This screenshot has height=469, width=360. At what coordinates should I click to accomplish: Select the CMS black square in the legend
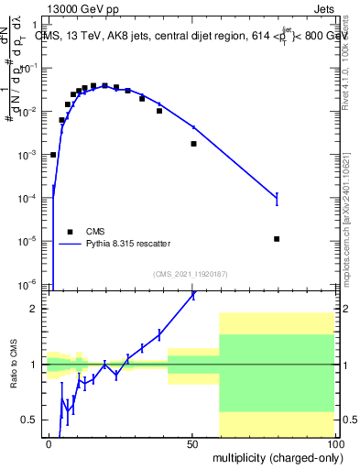tap(69, 231)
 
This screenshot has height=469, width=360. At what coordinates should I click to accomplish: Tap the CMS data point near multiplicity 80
tap(277, 239)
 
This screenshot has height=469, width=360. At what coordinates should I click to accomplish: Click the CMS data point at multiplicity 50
tap(193, 144)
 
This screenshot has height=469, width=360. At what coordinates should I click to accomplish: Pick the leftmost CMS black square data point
tap(53, 155)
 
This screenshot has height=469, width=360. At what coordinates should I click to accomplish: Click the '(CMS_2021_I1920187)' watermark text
tap(191, 273)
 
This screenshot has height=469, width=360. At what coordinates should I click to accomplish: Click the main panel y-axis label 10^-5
tap(31, 241)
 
